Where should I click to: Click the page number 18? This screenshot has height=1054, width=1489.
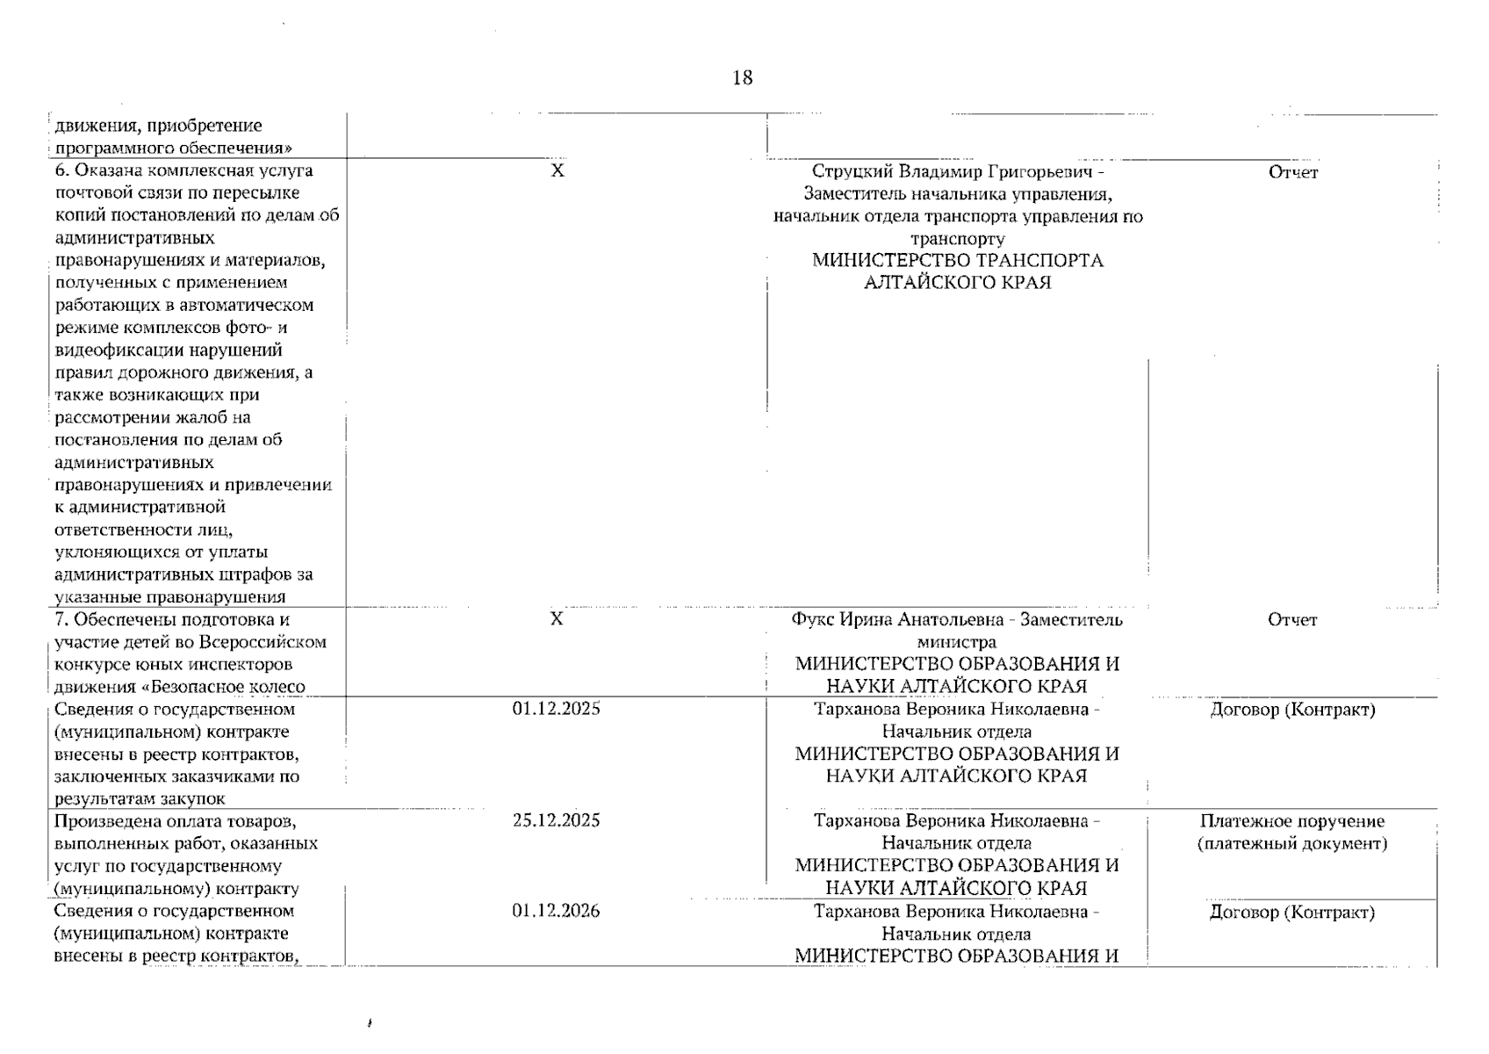point(742,78)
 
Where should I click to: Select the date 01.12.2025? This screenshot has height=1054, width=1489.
point(556,709)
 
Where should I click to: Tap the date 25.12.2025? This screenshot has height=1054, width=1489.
point(556,820)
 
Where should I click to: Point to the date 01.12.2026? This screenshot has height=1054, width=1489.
point(556,911)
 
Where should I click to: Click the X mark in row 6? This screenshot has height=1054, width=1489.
point(557,171)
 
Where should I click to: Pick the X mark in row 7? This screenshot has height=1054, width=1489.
point(556,619)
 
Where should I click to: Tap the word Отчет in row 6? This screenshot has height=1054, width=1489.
point(1292,173)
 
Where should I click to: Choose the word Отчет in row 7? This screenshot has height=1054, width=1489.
point(1291,620)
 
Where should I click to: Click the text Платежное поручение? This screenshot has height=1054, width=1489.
point(1291,821)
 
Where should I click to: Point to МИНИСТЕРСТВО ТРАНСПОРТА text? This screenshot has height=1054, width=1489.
point(957,261)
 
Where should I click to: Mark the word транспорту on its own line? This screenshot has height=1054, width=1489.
point(957,239)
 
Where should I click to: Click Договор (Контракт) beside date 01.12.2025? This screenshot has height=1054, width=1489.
point(1291,710)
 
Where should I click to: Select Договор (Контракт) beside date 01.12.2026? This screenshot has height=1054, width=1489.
point(1291,913)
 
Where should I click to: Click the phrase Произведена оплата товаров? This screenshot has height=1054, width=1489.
point(175,821)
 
